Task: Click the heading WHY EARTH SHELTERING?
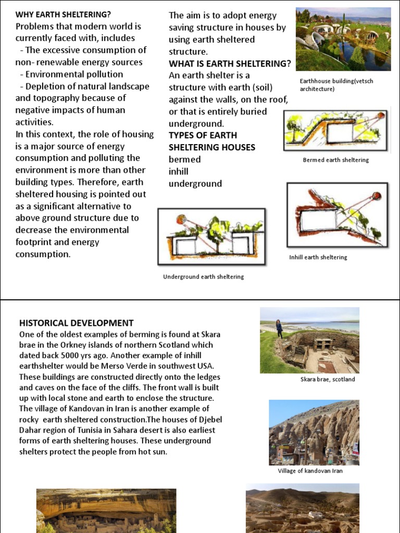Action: click(63, 14)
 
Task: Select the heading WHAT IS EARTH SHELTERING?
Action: click(230, 64)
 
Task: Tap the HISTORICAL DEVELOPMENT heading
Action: click(77, 323)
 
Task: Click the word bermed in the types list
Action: click(184, 159)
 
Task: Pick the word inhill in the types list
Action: click(179, 171)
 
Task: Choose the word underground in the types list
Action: click(195, 183)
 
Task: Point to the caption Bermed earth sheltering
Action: click(335, 160)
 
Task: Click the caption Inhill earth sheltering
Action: click(318, 257)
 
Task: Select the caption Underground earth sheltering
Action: click(203, 276)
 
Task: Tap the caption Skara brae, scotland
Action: click(328, 379)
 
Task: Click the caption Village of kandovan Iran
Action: click(310, 471)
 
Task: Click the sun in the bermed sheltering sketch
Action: click(381, 116)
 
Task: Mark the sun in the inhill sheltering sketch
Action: click(376, 196)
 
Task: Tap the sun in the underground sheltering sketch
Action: click(181, 219)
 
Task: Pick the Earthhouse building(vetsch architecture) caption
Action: click(336, 85)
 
